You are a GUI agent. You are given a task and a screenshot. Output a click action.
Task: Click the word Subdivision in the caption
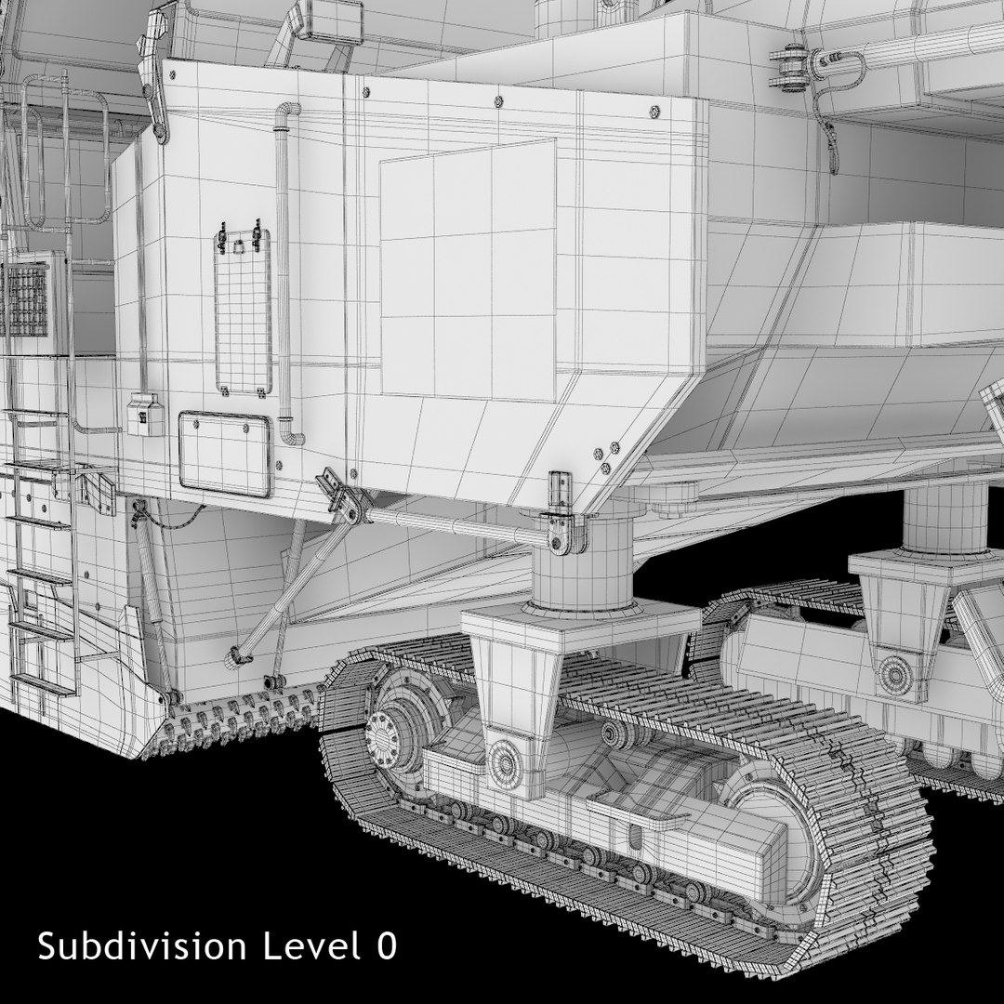141,945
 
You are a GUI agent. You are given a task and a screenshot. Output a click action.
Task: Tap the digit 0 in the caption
386,946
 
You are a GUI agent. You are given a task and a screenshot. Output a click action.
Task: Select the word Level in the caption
310,945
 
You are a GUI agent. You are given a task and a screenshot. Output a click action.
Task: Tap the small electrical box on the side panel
145,415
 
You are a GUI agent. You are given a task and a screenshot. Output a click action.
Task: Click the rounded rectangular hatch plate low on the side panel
225,455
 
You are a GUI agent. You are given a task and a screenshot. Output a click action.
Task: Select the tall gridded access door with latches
243,311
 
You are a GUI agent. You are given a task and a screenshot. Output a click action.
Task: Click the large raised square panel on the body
468,271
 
